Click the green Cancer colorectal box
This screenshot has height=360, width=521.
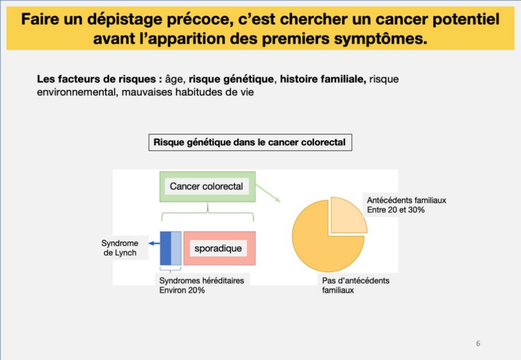(208, 187)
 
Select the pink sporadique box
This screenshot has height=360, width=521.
(220, 249)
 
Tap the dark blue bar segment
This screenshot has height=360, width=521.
(165, 249)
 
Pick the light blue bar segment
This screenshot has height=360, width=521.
(176, 249)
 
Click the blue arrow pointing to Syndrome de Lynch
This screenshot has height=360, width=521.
(154, 244)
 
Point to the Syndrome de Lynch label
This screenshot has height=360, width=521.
(120, 248)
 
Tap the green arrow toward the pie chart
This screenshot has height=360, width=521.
(268, 193)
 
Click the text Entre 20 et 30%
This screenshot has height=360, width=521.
(396, 210)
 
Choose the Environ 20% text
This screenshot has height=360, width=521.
(182, 290)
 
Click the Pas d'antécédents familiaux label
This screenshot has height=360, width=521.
(356, 285)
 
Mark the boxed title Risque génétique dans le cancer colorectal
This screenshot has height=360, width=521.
(250, 142)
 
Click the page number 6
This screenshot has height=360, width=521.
(478, 343)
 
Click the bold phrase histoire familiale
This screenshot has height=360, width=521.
(323, 79)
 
